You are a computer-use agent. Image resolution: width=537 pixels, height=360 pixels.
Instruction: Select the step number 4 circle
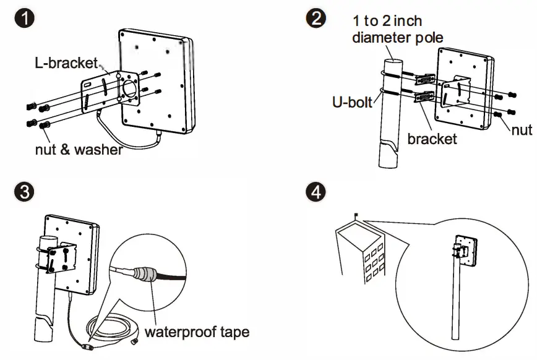pyautogui.click(x=315, y=192)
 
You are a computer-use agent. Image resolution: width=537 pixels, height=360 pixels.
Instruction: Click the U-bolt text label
pyautogui.click(x=351, y=101)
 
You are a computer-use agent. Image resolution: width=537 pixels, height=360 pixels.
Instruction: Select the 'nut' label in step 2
pyautogui.click(x=522, y=129)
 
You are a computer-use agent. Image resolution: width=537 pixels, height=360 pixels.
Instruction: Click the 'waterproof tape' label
pyautogui.click(x=197, y=332)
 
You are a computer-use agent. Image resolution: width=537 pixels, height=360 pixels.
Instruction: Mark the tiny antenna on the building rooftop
pyautogui.click(x=356, y=216)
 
